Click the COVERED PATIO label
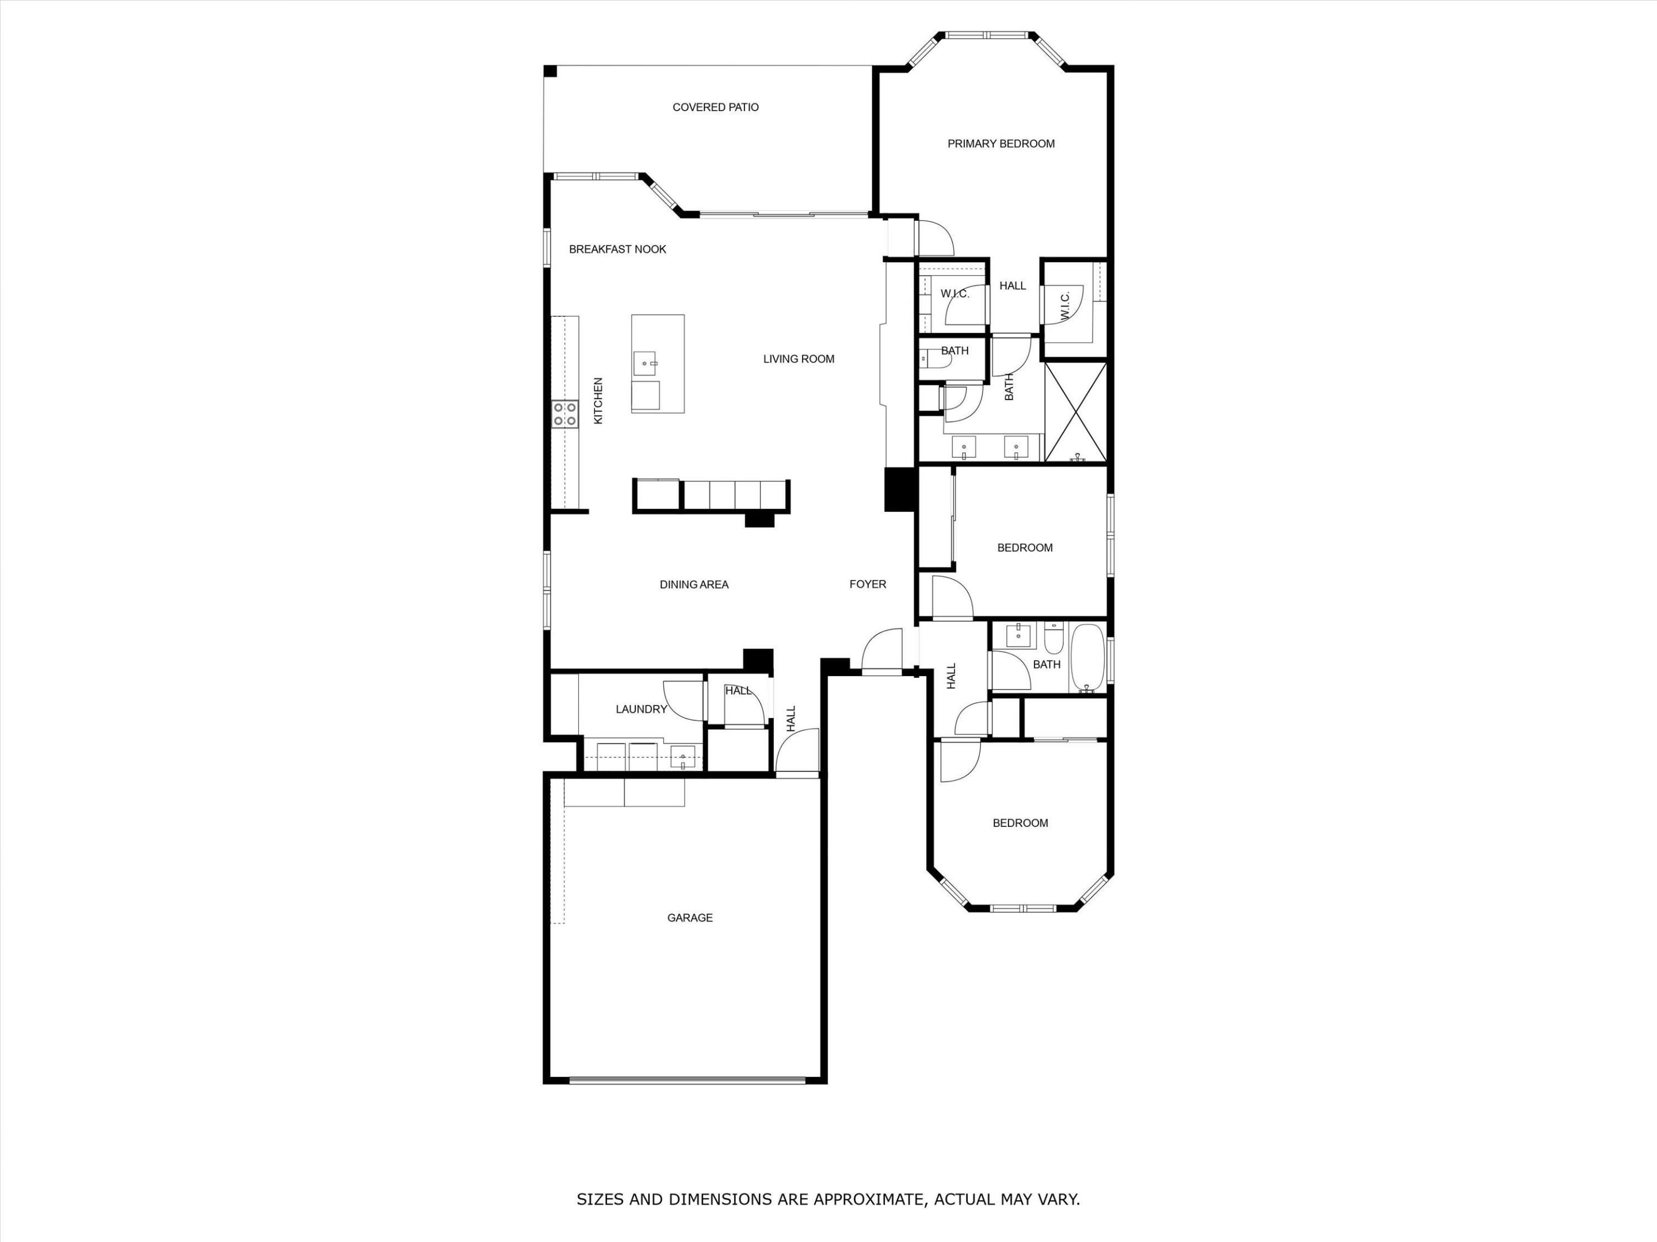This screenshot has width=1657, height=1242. [715, 107]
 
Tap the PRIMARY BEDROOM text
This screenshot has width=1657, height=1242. [1001, 144]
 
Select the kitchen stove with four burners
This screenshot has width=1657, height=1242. [565, 414]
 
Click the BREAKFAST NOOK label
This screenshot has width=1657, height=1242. [617, 250]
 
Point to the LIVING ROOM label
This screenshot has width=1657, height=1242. [799, 359]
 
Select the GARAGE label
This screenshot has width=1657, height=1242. [690, 918]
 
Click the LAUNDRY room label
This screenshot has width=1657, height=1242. [642, 709]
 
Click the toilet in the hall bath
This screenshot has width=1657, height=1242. [1054, 639]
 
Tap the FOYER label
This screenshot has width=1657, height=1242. [868, 584]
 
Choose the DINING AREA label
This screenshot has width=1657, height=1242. [694, 585]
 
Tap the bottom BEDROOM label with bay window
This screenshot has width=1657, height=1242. [1020, 823]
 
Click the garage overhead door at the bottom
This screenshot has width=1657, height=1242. [687, 1080]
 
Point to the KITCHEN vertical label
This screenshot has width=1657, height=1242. [598, 401]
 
